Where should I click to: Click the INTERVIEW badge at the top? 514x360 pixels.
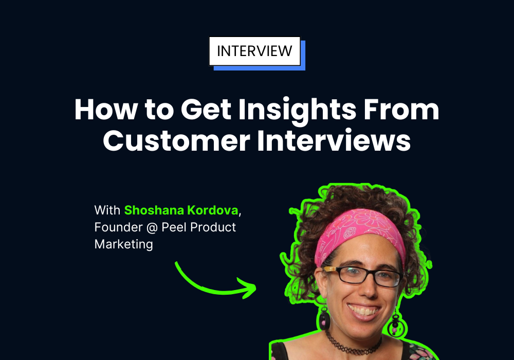pos(255,51)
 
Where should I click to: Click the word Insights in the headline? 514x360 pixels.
pos(297,111)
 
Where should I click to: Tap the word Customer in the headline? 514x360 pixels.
pos(176,140)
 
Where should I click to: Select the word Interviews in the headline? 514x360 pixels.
pos(334,140)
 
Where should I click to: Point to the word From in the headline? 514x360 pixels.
pos(401,110)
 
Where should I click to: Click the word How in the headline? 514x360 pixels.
pos(106,110)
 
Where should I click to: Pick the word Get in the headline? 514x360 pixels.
pos(206,110)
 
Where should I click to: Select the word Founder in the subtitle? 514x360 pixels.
pos(119,227)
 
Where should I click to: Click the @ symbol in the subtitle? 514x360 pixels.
pos(152,227)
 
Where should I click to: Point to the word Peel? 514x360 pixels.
pos(174,227)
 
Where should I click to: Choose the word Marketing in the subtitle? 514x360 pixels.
pos(123,245)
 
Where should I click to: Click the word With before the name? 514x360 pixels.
pos(107,210)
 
